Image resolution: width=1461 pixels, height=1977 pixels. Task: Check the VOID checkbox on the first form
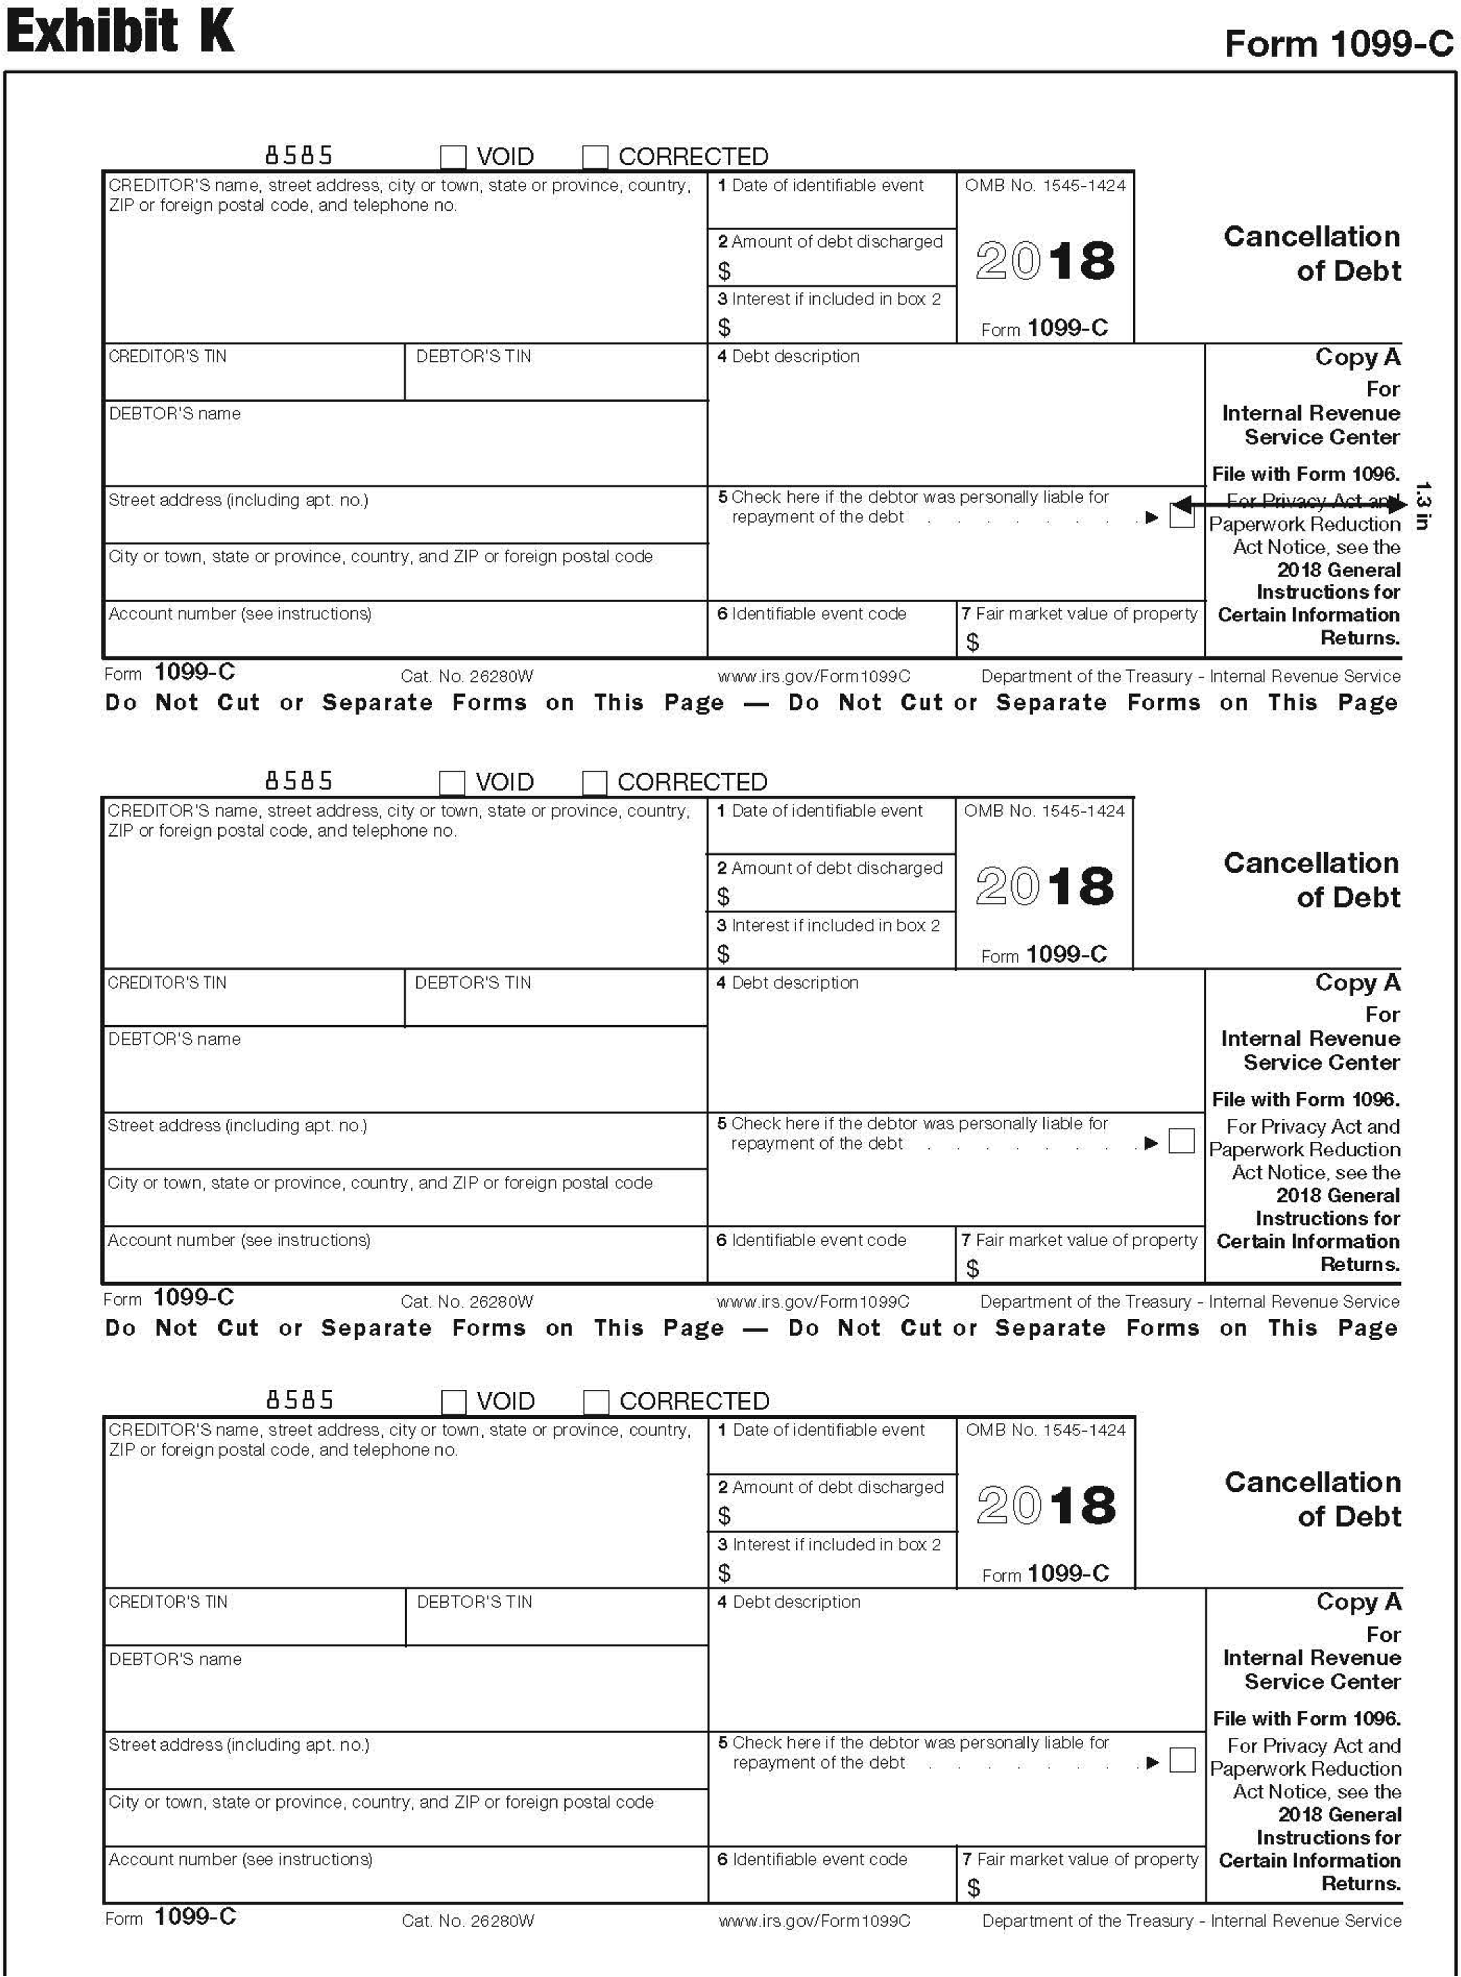pos(453,157)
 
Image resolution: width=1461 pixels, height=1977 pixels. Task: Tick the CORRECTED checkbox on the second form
pos(594,782)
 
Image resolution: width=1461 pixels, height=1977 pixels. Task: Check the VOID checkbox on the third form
pos(454,1401)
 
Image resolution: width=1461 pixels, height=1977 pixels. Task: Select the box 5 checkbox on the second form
pos(1181,1141)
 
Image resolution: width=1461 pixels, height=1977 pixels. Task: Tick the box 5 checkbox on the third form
pos(1182,1760)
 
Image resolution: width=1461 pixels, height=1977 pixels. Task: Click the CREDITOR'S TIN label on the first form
pos(167,356)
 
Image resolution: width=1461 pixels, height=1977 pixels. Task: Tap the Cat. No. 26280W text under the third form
pos(468,1920)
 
